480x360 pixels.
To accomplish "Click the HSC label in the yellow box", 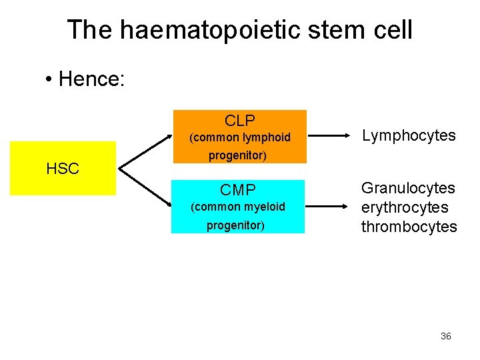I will point(63,169).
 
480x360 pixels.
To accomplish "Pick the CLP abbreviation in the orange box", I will point(239,121).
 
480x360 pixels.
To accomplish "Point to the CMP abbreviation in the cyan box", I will point(238,191).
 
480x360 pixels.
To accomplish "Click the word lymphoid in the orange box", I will point(267,138).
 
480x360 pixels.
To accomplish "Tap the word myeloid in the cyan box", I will point(265,207).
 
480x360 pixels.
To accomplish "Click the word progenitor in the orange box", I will point(237,156).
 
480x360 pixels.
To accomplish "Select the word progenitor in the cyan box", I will point(235,225).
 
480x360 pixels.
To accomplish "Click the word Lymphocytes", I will point(409,136).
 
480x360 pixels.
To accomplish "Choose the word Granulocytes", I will point(408,189).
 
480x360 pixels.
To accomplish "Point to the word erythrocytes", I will point(405,207).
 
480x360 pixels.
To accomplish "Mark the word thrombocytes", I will point(409,227).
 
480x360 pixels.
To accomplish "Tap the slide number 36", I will point(445,336).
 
